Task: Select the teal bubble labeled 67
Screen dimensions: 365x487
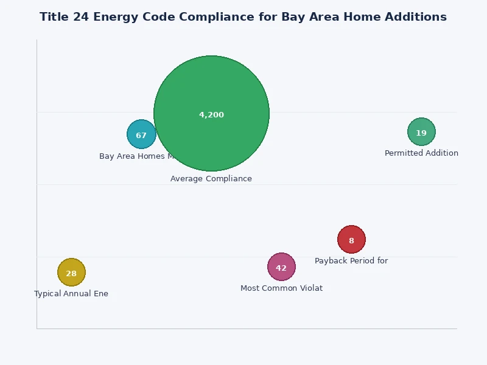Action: pyautogui.click(x=141, y=134)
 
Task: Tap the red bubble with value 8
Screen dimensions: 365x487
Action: pyautogui.click(x=351, y=240)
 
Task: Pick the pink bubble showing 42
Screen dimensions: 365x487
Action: pyautogui.click(x=281, y=267)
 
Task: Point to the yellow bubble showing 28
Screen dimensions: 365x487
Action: pyautogui.click(x=71, y=273)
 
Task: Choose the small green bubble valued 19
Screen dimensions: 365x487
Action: pyautogui.click(x=421, y=132)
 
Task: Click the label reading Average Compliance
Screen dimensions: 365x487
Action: pyautogui.click(x=211, y=179)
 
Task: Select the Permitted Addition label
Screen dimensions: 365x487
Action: pyautogui.click(x=421, y=153)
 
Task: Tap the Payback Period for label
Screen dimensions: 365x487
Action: pyautogui.click(x=351, y=261)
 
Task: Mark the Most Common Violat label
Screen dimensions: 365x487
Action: pyautogui.click(x=281, y=288)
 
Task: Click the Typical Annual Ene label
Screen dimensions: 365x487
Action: pyautogui.click(x=71, y=294)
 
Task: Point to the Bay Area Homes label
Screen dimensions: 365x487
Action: pyautogui.click(x=132, y=156)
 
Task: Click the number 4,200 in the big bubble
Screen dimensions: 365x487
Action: pyautogui.click(x=211, y=115)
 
